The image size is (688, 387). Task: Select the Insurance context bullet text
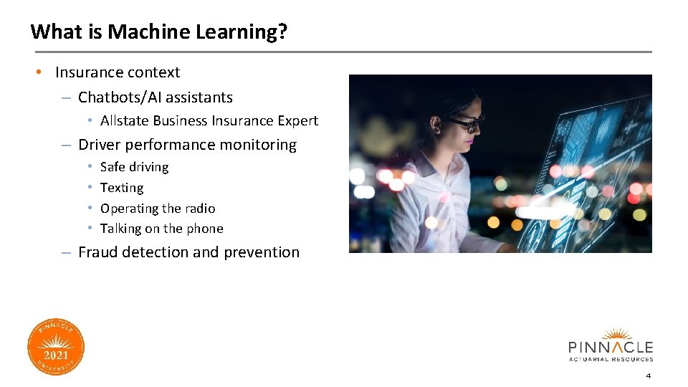click(x=118, y=72)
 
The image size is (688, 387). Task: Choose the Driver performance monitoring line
click(x=187, y=145)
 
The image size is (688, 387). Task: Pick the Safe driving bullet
click(x=134, y=167)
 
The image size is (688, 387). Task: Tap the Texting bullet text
click(x=122, y=188)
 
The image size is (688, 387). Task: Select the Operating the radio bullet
click(x=158, y=209)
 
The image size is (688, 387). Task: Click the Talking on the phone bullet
click(x=162, y=229)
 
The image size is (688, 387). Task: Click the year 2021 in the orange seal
click(x=56, y=355)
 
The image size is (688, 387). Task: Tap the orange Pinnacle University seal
click(x=56, y=347)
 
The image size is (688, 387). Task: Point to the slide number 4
click(x=648, y=376)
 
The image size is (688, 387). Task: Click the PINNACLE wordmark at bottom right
click(x=611, y=347)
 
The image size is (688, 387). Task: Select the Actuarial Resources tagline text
click(x=611, y=359)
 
